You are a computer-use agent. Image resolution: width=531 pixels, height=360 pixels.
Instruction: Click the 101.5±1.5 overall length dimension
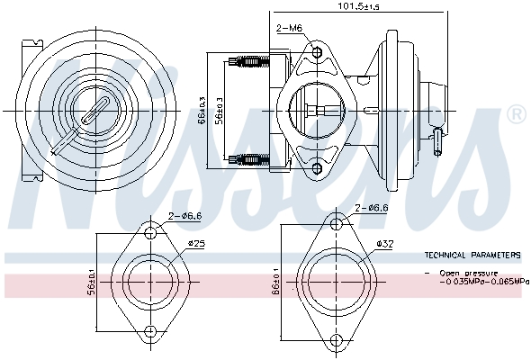(x=358, y=6)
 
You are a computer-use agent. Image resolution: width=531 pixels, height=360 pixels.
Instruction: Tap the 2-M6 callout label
(x=289, y=28)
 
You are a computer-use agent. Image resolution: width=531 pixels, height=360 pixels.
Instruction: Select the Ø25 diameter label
(x=197, y=244)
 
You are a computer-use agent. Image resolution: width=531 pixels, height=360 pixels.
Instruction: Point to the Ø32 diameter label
(x=384, y=244)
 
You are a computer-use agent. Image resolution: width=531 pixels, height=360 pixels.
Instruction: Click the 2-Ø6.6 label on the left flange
(x=185, y=216)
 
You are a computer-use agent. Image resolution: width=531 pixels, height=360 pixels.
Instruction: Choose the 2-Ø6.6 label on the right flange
(x=371, y=207)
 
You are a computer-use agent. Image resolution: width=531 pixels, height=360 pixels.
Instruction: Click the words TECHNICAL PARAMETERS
(x=472, y=255)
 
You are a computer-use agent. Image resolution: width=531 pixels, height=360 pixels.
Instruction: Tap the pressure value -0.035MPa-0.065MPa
(x=484, y=281)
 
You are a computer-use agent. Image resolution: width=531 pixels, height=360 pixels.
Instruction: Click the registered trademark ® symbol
(x=515, y=115)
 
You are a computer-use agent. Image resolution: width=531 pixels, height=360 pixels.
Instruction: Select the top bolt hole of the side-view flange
(x=317, y=52)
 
